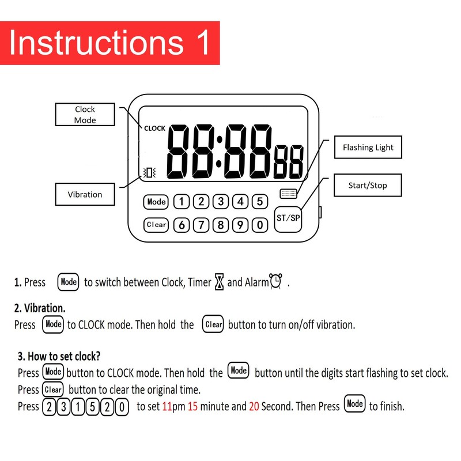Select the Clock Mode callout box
pos(85,114)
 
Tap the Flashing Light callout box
pos(368,148)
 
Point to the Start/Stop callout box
pos(368,186)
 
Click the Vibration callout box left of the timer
pos(85,194)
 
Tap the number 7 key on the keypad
pos(201,225)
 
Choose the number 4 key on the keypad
pos(240,202)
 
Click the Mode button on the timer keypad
pos(156,202)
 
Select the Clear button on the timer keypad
pos(156,225)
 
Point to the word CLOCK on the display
pos(154,129)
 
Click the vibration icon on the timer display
pos(150,172)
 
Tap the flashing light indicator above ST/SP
pos(288,194)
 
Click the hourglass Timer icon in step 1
pos(219,282)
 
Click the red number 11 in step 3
pos(168,407)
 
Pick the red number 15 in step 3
pos(193,407)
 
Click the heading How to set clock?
pos(63,357)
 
